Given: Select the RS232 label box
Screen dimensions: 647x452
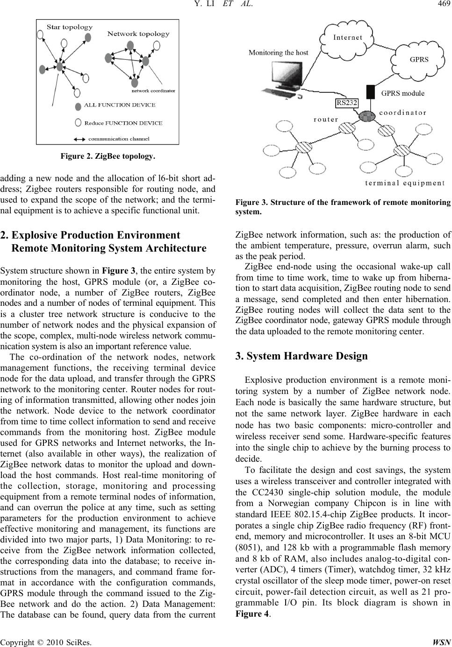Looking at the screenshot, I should tap(346, 103).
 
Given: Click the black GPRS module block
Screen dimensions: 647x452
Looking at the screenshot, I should tap(371, 92).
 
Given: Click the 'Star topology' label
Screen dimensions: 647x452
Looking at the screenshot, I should tap(70, 27).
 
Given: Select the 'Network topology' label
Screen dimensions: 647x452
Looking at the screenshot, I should tap(138, 34).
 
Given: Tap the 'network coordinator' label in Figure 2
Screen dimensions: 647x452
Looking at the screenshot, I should tap(153, 91).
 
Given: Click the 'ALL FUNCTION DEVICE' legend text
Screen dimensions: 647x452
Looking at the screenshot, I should tap(120, 105).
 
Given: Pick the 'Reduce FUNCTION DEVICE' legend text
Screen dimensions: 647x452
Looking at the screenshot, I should tap(123, 123).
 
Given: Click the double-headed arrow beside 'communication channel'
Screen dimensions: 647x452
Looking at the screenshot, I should tap(80, 138).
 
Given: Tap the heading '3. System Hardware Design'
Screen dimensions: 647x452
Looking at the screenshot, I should tap(301, 356).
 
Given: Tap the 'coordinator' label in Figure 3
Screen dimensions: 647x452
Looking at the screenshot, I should tap(402, 113).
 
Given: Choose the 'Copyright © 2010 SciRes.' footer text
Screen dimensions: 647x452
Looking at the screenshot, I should tap(46, 640).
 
